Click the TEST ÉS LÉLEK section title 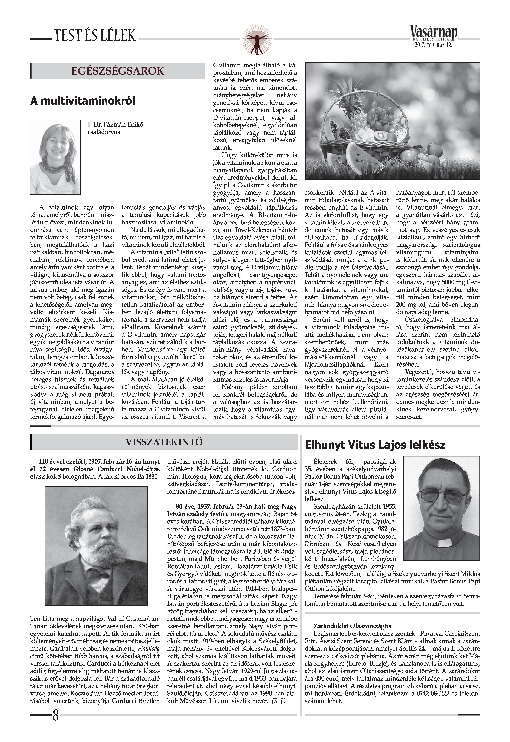point(95,35)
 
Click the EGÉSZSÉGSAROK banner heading point(118,71)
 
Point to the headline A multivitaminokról point(83,101)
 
